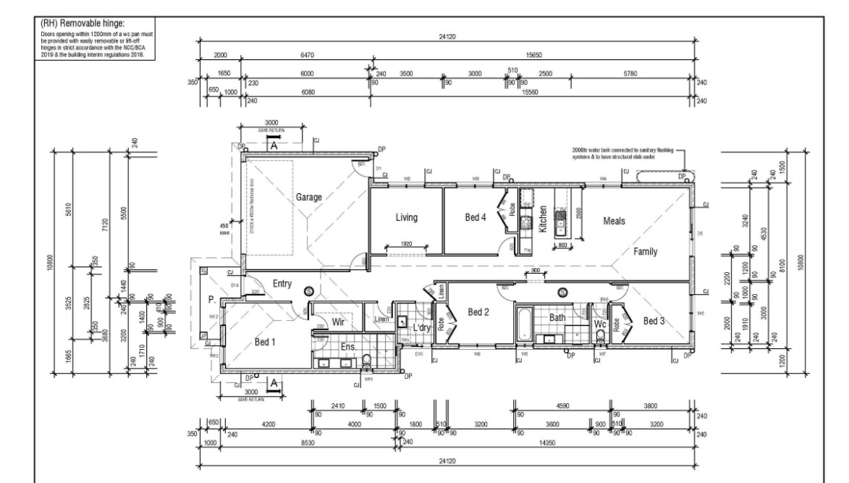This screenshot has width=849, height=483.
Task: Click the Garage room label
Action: click(x=309, y=196)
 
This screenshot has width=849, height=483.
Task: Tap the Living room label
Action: click(x=407, y=217)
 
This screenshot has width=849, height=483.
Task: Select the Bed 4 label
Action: click(x=478, y=217)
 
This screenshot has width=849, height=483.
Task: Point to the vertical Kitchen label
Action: click(x=543, y=219)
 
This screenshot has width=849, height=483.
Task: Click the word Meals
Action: click(x=614, y=221)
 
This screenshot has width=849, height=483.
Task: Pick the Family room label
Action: click(x=646, y=251)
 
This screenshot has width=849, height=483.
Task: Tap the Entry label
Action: click(x=282, y=284)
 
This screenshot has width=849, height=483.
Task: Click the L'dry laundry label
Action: click(x=422, y=328)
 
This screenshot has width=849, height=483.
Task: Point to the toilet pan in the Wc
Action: click(x=599, y=335)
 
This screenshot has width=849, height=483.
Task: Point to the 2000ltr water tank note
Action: click(x=622, y=154)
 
